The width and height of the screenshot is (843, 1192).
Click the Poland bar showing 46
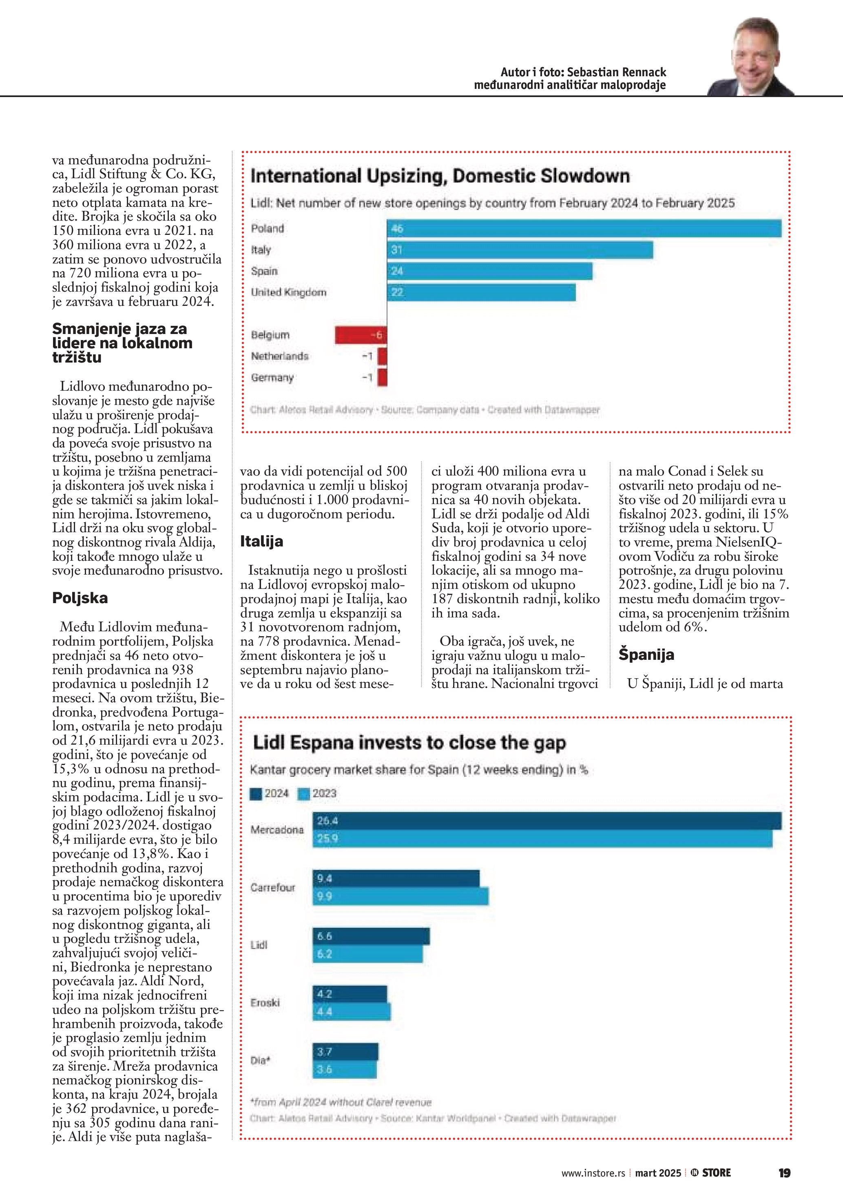584,228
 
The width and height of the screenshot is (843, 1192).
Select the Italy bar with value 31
520,250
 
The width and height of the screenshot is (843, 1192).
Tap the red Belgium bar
361,335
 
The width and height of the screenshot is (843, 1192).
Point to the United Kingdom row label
289,292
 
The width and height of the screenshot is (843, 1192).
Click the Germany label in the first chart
272,378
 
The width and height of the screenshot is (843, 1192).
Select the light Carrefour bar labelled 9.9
400,896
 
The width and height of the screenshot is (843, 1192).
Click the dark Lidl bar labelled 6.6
371,936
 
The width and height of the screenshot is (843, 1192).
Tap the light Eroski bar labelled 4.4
352,1011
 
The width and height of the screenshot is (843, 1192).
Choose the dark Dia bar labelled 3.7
345,1052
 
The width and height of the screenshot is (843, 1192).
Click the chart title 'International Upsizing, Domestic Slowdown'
440,176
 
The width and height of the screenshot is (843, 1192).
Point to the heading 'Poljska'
80,598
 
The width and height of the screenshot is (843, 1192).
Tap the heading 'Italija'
261,542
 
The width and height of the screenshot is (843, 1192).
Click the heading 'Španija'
646,655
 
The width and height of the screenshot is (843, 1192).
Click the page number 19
784,1173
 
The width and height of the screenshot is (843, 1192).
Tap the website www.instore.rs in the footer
593,1173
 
